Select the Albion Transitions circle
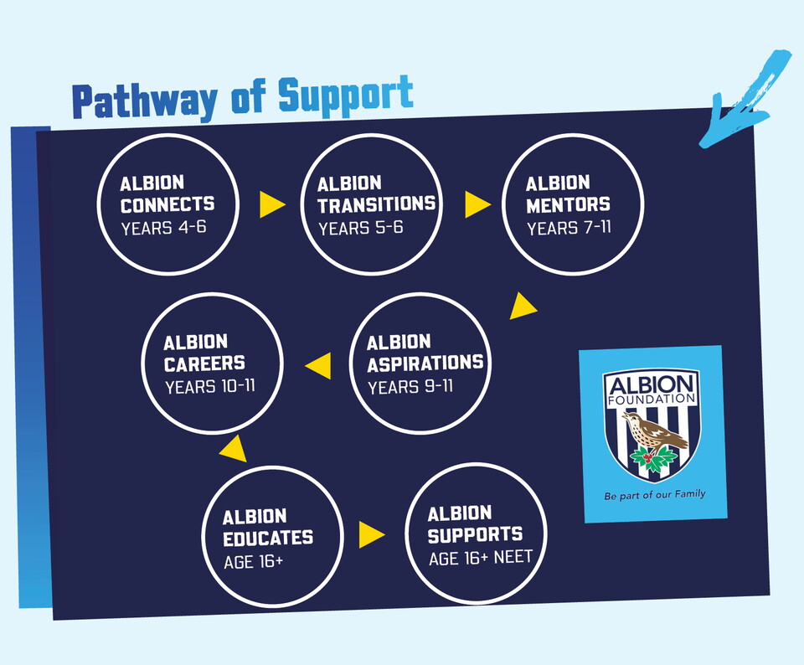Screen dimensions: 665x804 (x=371, y=204)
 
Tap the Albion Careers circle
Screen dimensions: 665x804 (x=212, y=363)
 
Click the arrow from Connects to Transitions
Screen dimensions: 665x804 (x=271, y=204)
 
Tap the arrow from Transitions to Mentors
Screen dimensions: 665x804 (x=477, y=204)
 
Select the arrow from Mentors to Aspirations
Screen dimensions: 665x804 (x=522, y=307)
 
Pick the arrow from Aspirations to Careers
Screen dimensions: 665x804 (x=318, y=364)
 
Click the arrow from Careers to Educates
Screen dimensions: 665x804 (x=234, y=448)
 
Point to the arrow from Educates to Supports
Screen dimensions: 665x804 (x=371, y=534)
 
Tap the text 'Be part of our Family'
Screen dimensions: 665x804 (x=654, y=495)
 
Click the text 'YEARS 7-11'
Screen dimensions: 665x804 (x=564, y=228)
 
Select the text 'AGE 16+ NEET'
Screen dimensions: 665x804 (x=480, y=558)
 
